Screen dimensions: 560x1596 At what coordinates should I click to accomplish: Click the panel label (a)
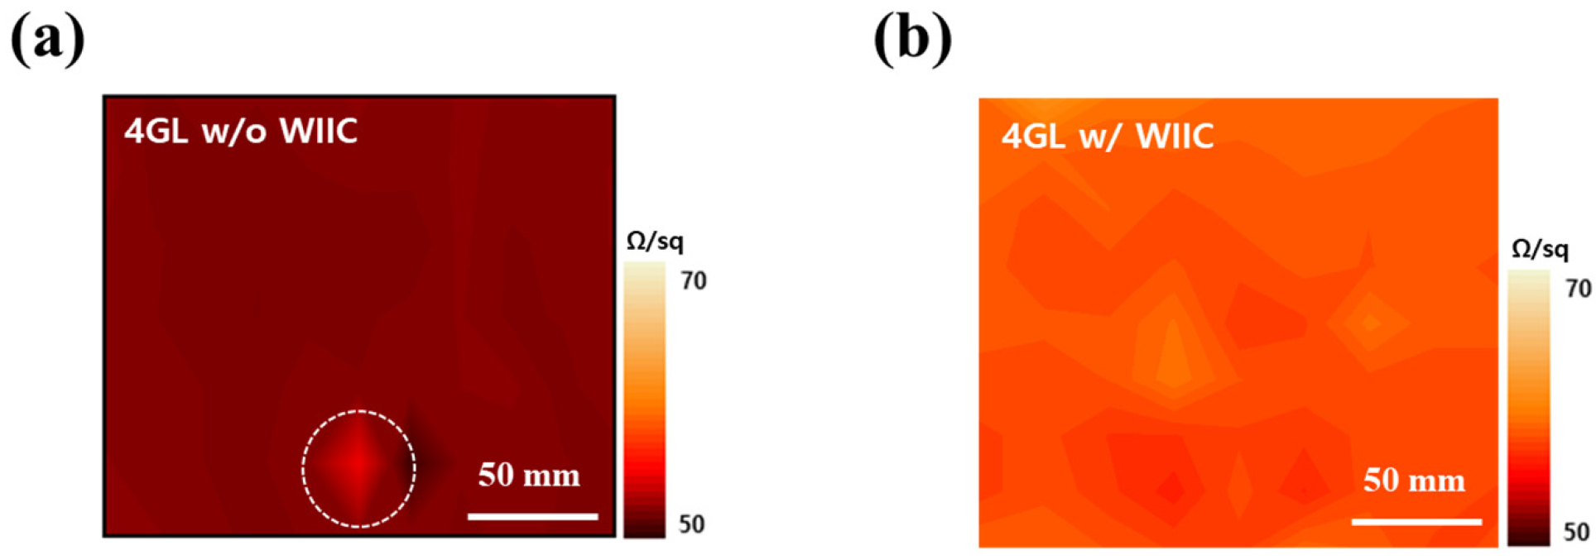click(47, 39)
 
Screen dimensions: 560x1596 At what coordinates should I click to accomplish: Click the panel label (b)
click(912, 39)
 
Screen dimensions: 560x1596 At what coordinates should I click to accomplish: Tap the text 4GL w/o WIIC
click(241, 132)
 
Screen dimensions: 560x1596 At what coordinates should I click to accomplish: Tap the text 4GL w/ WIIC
click(1108, 136)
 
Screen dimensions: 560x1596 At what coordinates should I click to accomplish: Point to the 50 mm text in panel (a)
click(529, 476)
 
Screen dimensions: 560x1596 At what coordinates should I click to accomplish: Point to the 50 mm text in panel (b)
click(1414, 481)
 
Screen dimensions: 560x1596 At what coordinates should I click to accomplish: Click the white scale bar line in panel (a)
click(532, 517)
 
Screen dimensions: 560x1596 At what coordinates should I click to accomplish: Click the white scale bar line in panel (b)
click(1416, 522)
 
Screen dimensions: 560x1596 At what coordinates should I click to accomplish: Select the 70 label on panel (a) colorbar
click(694, 281)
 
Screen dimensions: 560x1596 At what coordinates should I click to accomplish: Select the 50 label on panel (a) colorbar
click(692, 524)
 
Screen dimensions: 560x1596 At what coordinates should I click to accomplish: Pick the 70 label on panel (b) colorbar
click(1578, 289)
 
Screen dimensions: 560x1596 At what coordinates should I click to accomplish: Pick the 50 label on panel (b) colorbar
click(1576, 532)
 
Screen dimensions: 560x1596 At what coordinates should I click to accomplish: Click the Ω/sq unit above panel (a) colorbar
click(655, 242)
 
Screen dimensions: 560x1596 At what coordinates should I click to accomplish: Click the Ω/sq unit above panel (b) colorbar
click(1540, 249)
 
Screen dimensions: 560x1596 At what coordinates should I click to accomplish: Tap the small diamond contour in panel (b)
click(1370, 323)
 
